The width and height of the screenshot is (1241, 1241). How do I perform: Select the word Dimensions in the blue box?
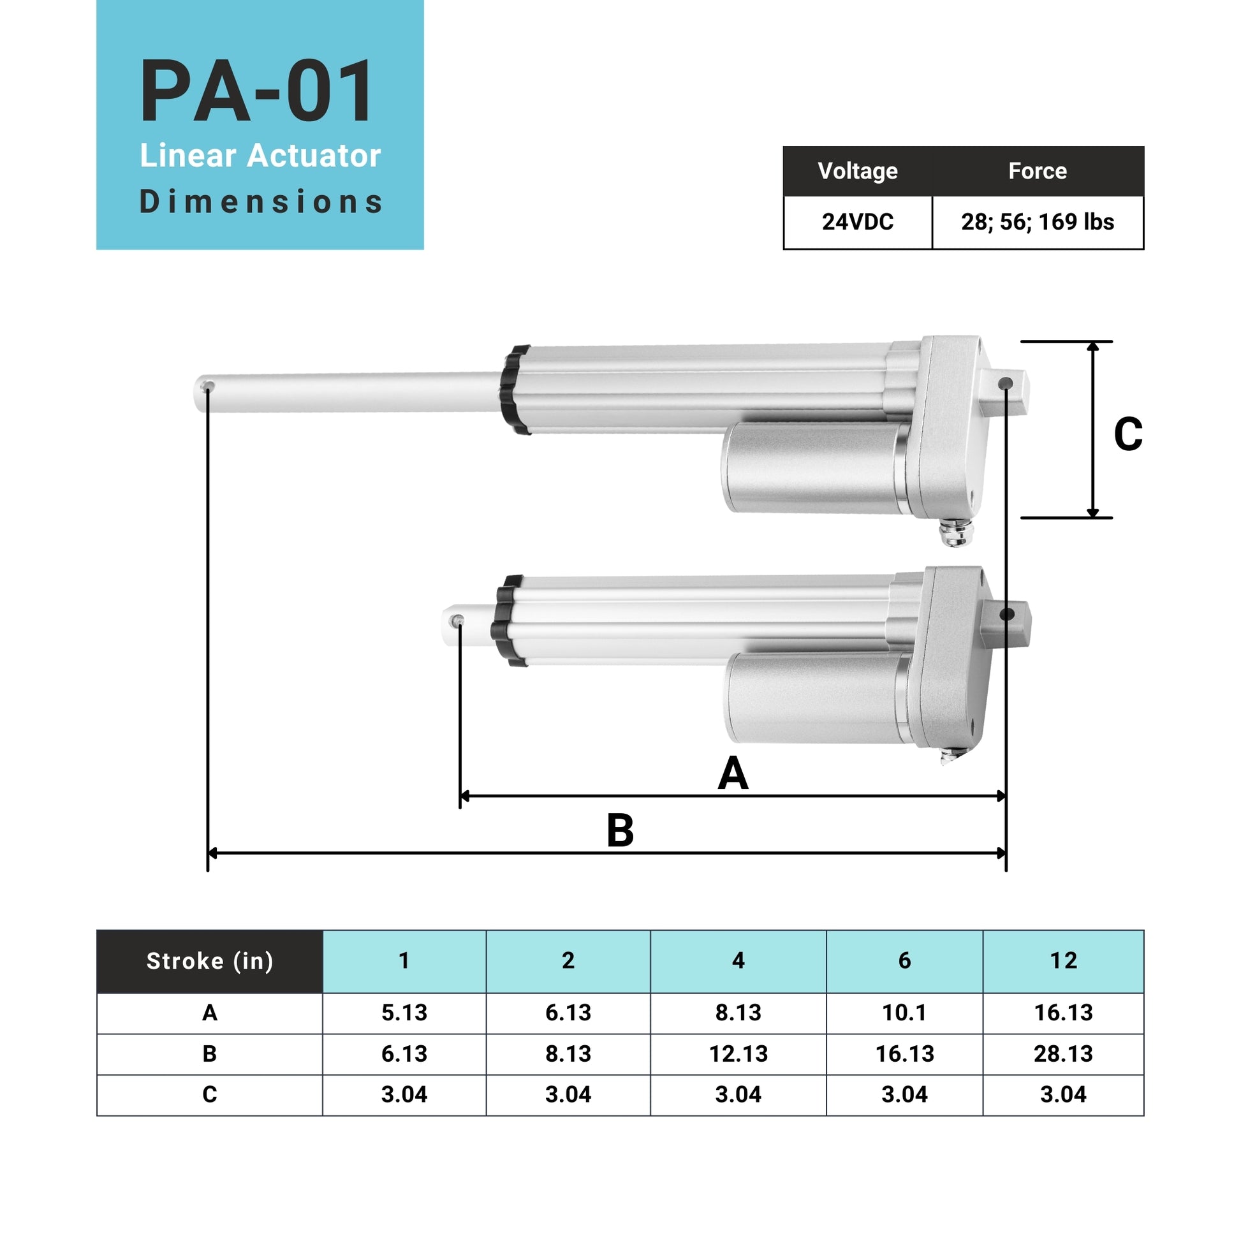(x=261, y=202)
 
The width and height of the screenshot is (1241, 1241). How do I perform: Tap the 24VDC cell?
(x=858, y=223)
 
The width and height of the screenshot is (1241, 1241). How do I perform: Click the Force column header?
(x=1038, y=171)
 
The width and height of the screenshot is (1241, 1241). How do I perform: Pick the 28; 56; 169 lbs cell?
(x=1038, y=223)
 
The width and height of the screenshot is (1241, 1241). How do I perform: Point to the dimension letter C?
(x=1128, y=435)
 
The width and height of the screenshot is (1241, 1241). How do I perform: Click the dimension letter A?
(x=733, y=774)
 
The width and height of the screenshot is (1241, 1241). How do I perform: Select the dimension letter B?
(x=620, y=830)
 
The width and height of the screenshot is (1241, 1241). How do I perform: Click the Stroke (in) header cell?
(x=210, y=961)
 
